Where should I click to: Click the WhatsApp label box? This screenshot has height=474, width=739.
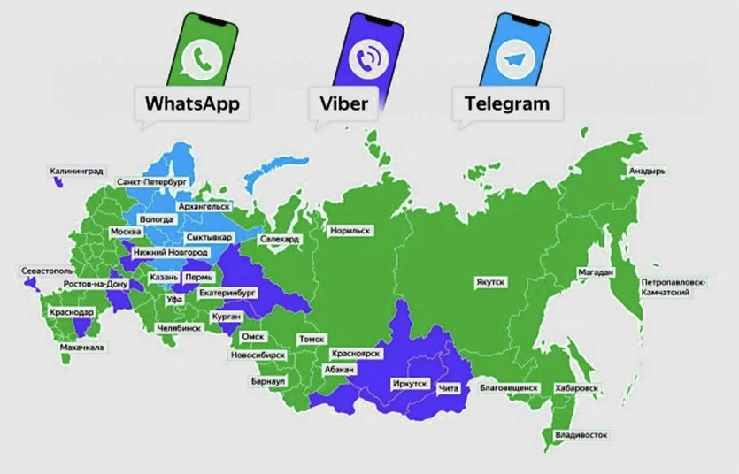coord(192,103)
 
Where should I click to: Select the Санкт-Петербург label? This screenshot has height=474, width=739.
coord(151,182)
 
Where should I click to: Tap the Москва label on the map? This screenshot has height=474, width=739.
coord(125,232)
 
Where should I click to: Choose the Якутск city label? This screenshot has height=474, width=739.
coord(489,281)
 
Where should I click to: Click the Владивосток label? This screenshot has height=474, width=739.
coord(581,435)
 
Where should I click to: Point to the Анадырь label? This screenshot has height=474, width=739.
coord(646,170)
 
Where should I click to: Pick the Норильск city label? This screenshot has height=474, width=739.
coord(350,231)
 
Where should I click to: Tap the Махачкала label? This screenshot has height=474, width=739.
coord(81,348)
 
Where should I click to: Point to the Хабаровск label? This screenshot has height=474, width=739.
coord(576,388)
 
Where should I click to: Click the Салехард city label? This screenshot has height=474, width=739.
coord(281,240)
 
